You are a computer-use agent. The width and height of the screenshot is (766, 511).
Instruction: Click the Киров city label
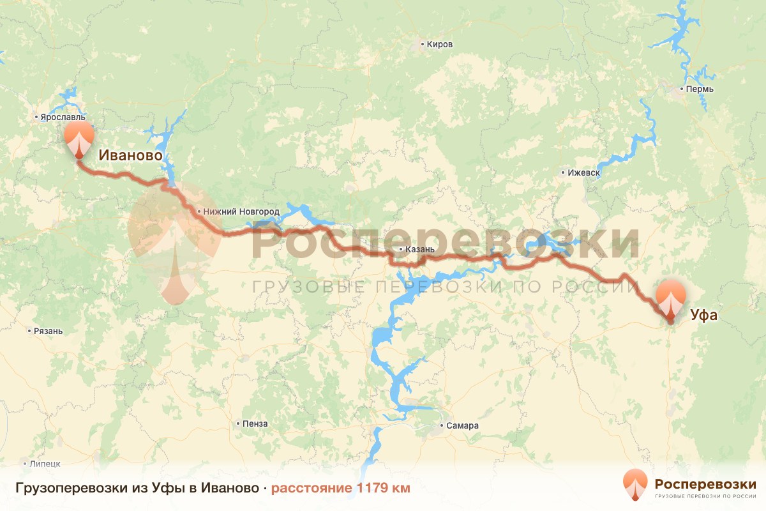click(440, 45)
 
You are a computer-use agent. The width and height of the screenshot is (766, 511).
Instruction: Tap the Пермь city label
click(700, 89)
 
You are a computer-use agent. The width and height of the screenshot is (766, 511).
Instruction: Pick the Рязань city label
click(49, 331)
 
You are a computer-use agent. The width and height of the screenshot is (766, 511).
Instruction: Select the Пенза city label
click(255, 423)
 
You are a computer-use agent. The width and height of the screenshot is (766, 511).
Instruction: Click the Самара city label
click(463, 425)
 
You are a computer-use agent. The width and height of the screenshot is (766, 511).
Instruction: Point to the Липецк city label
click(45, 463)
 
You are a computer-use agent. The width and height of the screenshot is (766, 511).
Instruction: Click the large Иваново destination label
click(130, 156)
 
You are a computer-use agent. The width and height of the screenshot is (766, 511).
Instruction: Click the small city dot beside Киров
click(422, 45)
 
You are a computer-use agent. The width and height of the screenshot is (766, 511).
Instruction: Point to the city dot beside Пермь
click(682, 89)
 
